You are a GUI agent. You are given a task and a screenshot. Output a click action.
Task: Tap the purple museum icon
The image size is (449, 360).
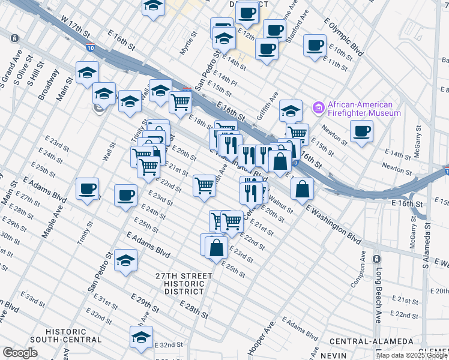pyautogui.click(x=318, y=109)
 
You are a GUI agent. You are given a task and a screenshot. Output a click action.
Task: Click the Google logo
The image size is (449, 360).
pyautogui.click(x=20, y=353)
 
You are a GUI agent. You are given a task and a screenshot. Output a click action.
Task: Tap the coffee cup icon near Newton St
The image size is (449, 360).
pyautogui.click(x=361, y=131)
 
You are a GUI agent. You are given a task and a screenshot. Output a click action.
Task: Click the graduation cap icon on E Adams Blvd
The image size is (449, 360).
pyautogui.click(x=126, y=260)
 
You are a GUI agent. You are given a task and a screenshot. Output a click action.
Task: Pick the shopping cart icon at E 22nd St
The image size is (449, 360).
pyautogui.click(x=204, y=185)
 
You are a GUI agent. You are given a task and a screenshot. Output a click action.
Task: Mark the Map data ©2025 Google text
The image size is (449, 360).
pyautogui.click(x=411, y=356)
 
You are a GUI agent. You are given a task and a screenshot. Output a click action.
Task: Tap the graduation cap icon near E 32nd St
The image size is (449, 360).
pyautogui.click(x=142, y=338)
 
